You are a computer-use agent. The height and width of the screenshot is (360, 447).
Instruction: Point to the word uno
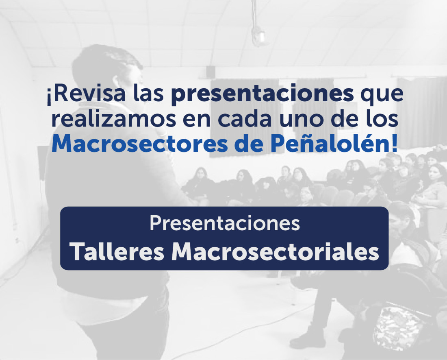click(x=302, y=120)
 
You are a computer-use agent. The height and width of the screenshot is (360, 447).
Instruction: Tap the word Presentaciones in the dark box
click(x=225, y=223)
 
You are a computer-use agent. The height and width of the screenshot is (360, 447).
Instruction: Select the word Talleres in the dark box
click(x=117, y=252)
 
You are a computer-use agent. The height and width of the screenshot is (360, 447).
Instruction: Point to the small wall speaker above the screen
click(x=210, y=71)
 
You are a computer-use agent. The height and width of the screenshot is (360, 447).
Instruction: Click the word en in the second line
click(x=197, y=120)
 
